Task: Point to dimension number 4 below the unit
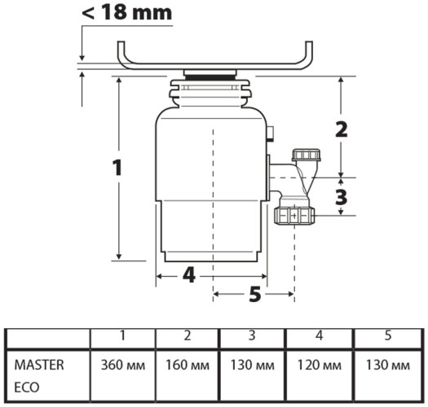[x=189, y=275]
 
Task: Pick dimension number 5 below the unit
[x=254, y=294]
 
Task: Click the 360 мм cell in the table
[x=123, y=365]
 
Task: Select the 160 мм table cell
[x=188, y=365]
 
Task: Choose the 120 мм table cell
[x=318, y=365]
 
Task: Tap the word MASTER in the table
[x=38, y=365]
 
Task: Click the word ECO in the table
[x=26, y=387]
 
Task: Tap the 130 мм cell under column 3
[x=253, y=365]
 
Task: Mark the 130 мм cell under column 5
[x=387, y=365]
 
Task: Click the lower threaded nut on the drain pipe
[x=295, y=216]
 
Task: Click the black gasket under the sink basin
[x=211, y=75]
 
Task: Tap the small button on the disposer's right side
[x=269, y=133]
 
